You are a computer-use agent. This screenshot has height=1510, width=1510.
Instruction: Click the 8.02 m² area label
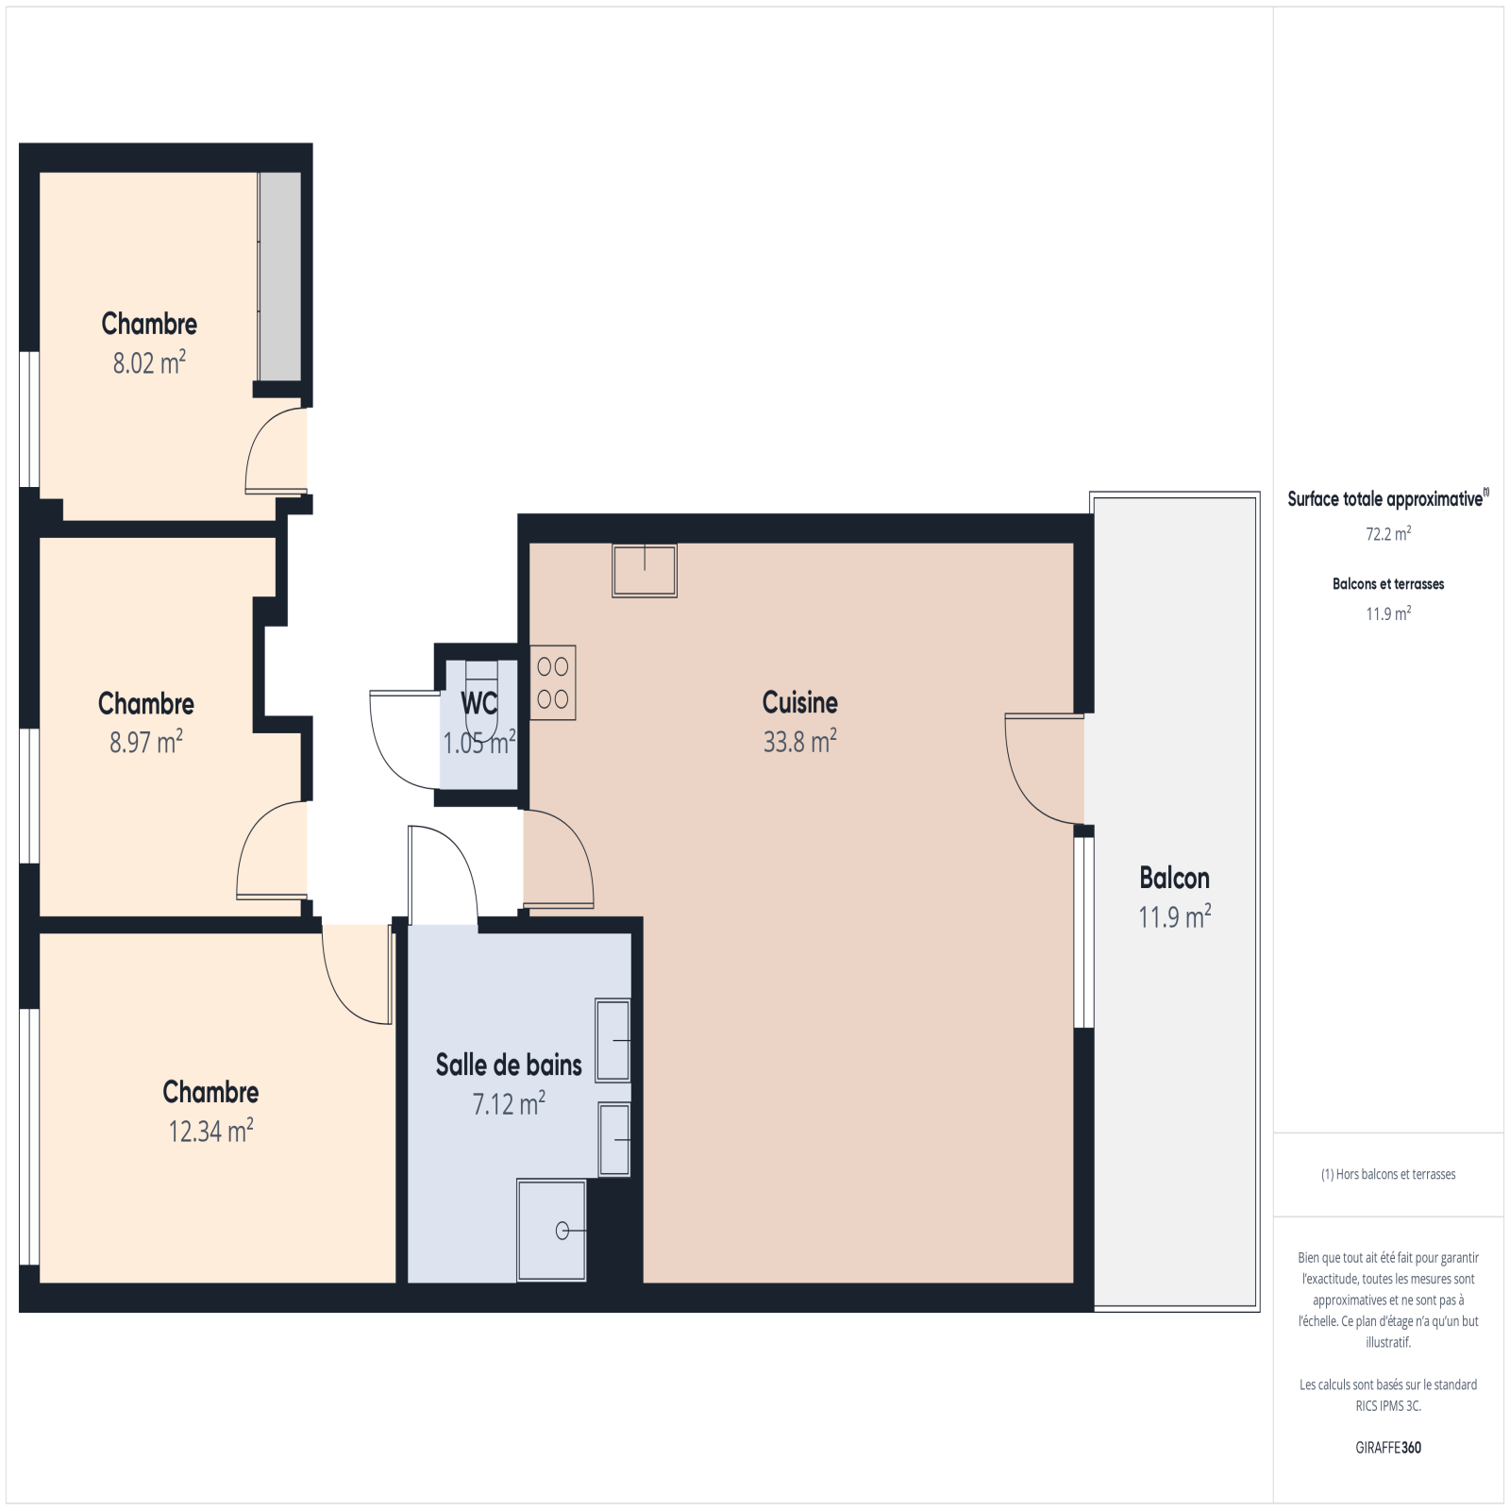point(149,362)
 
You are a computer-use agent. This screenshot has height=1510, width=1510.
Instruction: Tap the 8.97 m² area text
point(146,742)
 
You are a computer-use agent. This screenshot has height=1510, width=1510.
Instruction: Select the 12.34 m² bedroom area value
point(210,1131)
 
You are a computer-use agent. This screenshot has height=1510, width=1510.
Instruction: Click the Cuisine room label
point(800,702)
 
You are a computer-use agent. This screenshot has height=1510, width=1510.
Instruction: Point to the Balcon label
point(1174,878)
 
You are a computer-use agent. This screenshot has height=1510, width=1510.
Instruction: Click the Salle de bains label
point(509,1065)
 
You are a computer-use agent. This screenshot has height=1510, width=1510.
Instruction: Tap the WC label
point(479,703)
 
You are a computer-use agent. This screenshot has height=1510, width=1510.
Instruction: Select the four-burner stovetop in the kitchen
point(553,683)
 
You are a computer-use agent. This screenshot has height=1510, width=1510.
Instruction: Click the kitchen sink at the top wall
point(645,570)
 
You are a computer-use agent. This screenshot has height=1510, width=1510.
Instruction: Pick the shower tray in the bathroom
point(551,1230)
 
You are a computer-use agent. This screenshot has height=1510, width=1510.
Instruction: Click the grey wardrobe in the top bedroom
point(280,277)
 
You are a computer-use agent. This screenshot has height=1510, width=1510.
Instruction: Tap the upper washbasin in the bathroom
point(612,1039)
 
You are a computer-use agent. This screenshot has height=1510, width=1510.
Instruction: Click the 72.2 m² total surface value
point(1388,534)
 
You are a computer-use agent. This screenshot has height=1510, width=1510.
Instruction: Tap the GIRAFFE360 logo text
point(1388,1448)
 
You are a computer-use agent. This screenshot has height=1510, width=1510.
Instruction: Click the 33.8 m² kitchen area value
point(800,742)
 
